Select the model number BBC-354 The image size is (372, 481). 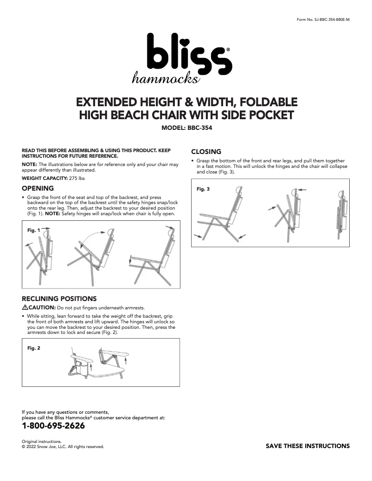tap(200, 128)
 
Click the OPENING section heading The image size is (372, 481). tap(38, 188)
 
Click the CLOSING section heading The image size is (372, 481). tap(206, 152)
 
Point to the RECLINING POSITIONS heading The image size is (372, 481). tap(59, 298)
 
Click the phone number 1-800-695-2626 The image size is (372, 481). tap(53, 426)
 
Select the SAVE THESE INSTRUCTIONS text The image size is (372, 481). tap(308, 446)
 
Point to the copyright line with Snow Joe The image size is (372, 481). tap(63, 448)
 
